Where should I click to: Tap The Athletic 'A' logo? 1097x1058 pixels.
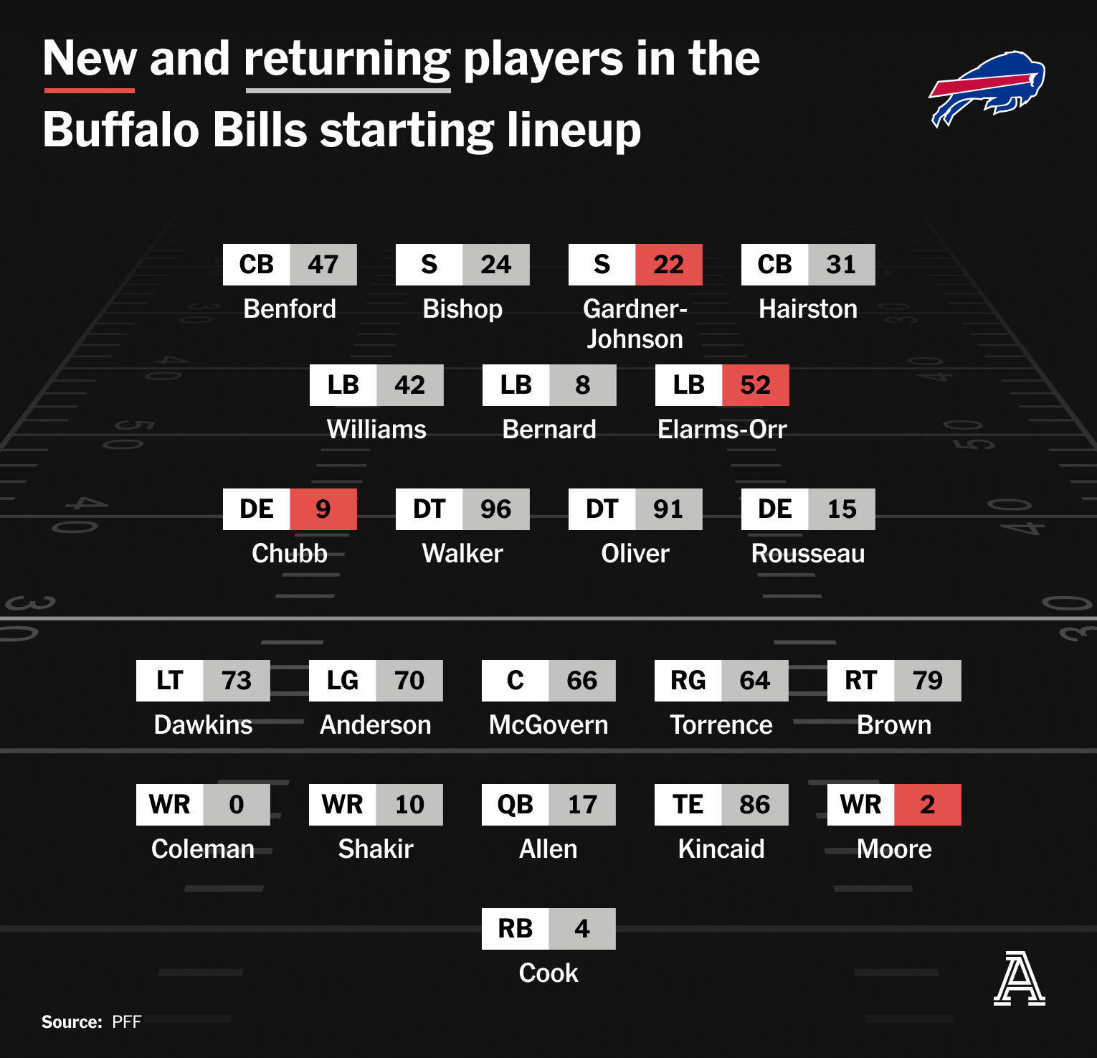tap(1019, 978)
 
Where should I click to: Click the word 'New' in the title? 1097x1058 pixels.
tap(90, 58)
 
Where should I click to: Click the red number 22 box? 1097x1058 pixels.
tap(669, 265)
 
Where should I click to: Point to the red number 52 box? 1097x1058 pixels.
tap(756, 385)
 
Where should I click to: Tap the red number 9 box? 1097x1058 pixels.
tap(323, 509)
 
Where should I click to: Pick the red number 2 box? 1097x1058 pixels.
tap(928, 805)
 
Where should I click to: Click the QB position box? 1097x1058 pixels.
tap(516, 805)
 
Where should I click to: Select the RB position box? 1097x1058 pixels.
tap(516, 929)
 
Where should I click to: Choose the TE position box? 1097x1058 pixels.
tap(688, 805)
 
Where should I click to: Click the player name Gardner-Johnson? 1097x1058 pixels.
tap(635, 323)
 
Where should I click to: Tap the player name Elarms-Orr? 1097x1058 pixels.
tap(722, 429)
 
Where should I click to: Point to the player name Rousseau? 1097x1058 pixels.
tap(808, 553)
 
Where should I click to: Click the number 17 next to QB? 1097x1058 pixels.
tap(582, 805)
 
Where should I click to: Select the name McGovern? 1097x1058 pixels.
tap(548, 724)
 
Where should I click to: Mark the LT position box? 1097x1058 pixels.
tap(170, 681)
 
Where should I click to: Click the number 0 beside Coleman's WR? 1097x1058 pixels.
tap(237, 805)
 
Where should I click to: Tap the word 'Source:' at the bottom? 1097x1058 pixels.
tap(72, 1021)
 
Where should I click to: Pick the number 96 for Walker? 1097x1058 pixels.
tap(496, 509)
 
